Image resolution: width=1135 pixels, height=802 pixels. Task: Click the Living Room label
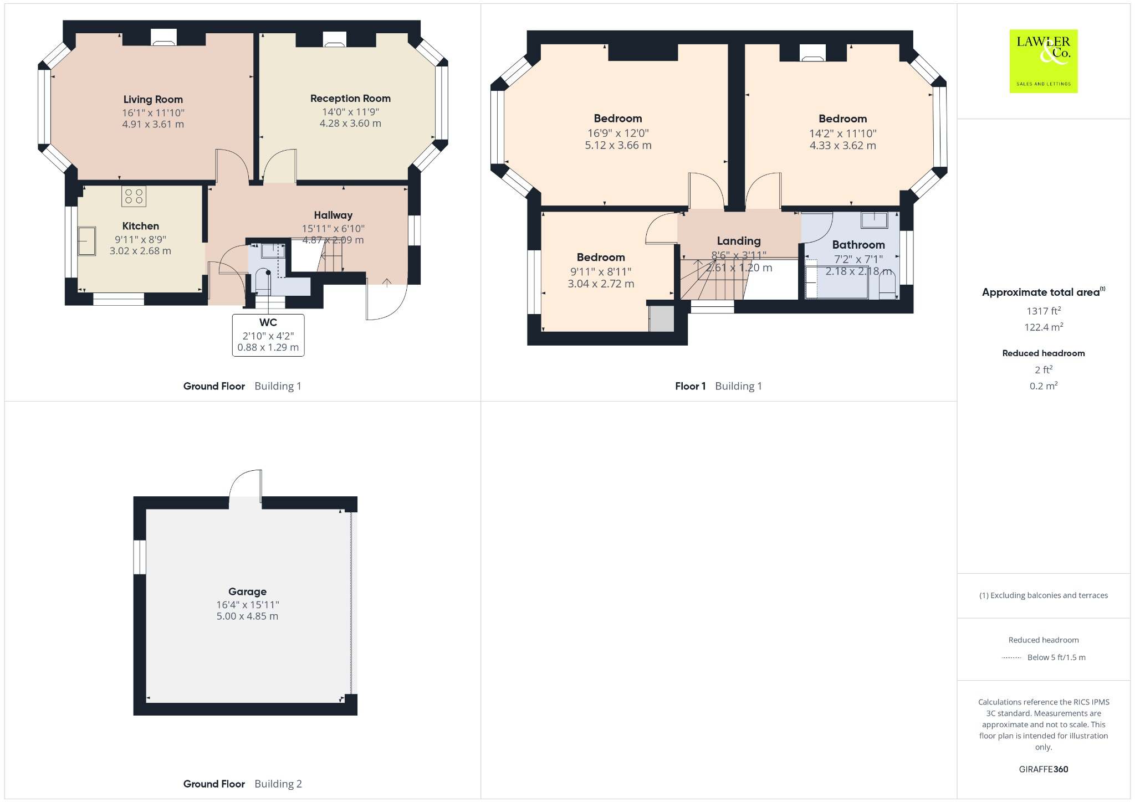(x=153, y=100)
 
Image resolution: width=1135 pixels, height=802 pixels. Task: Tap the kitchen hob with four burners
(x=134, y=196)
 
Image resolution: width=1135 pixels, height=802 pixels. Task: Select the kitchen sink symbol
(x=86, y=241)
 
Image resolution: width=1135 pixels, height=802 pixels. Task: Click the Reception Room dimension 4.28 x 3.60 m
(x=350, y=124)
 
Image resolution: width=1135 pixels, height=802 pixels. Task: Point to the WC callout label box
(x=268, y=335)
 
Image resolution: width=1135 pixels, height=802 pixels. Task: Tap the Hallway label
(x=333, y=215)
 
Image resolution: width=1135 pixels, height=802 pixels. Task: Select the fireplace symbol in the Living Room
(x=163, y=38)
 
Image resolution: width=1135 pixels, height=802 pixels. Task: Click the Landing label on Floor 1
(x=739, y=241)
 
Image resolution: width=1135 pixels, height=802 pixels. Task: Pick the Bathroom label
(x=858, y=245)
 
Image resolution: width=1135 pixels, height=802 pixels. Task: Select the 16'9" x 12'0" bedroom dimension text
(x=618, y=133)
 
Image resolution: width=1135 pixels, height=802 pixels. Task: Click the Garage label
(x=247, y=592)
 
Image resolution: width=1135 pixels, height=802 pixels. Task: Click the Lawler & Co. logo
(x=1044, y=61)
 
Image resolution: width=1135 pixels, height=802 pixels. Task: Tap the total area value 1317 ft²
(x=1044, y=311)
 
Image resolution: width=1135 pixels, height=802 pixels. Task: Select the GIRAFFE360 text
(x=1044, y=769)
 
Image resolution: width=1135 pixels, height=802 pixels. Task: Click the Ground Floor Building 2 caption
(x=243, y=784)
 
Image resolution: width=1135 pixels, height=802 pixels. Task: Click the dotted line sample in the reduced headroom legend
(x=1011, y=658)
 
